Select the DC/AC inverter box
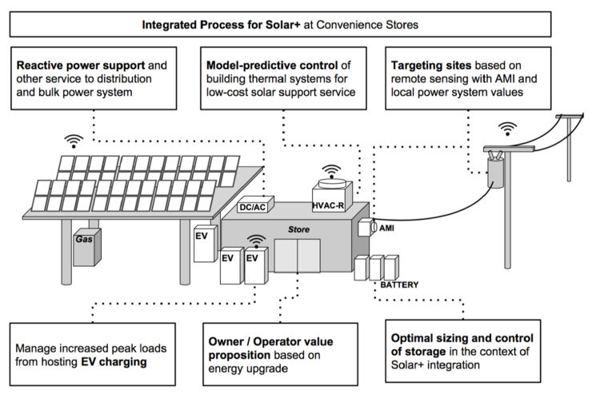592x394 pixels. click(252, 207)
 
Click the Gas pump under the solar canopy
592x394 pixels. click(84, 249)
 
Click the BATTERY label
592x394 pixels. click(398, 284)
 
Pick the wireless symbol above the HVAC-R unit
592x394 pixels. click(330, 170)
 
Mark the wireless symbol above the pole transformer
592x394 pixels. click(506, 128)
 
